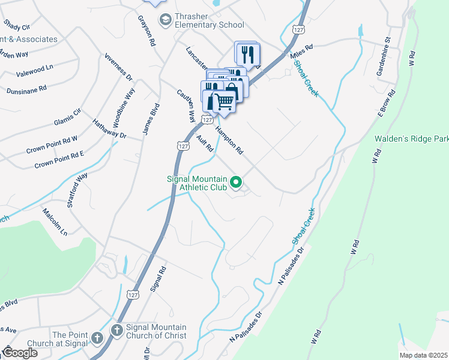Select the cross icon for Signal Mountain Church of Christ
pyautogui.click(x=116, y=331)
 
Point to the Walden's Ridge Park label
pyautogui.click(x=411, y=139)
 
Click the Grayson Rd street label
pyautogui.click(x=146, y=31)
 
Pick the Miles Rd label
pyautogui.click(x=301, y=52)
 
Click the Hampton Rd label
pyautogui.click(x=229, y=139)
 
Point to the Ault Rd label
pyautogui.click(x=205, y=144)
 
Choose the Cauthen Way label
pyautogui.click(x=185, y=103)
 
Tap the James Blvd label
pyautogui.click(x=151, y=119)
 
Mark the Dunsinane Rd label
pyautogui.click(x=26, y=90)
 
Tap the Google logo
pyautogui.click(x=20, y=353)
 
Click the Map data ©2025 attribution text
pyautogui.click(x=423, y=355)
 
